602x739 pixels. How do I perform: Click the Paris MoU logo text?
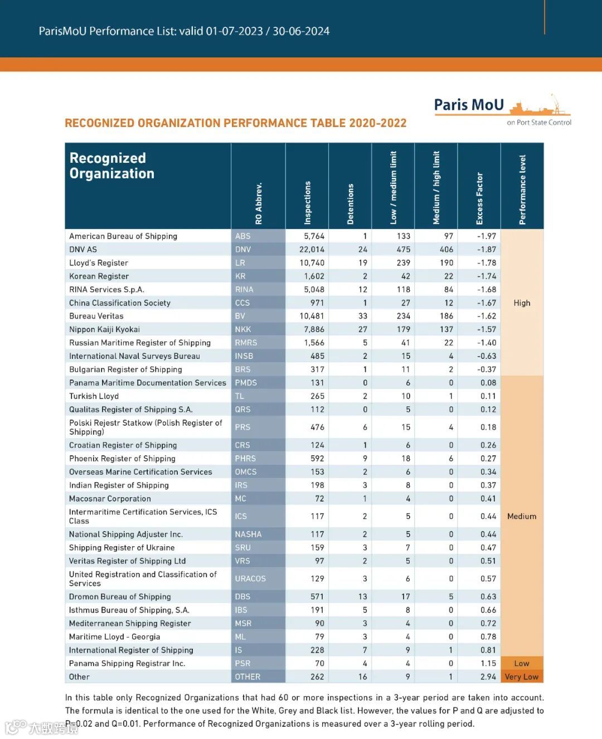pos(469,105)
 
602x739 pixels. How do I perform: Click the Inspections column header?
pos(307,203)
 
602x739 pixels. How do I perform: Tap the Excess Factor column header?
pos(479,198)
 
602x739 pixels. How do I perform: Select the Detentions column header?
pos(350,204)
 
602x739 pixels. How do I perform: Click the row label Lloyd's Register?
pos(99,263)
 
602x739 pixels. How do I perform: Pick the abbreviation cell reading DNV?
pos(243,250)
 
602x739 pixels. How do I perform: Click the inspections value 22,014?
pos(312,250)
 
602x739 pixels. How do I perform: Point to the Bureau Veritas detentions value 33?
pos(362,316)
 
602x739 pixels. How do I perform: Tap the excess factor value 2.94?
pos(488,677)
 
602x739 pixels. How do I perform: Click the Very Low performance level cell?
pos(522,677)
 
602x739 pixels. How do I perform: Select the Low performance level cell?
pos(522,663)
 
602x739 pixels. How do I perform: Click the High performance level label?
pos(522,303)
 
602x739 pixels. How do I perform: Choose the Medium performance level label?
pos(522,517)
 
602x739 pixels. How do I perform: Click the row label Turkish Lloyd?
pos(94,396)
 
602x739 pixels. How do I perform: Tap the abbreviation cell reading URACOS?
pos(250,579)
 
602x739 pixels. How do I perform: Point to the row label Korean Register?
pos(99,276)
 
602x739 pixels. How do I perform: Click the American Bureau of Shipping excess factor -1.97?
pos(486,236)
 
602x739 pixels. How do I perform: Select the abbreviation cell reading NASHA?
pos(248,534)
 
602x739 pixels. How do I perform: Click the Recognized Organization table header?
pos(111,166)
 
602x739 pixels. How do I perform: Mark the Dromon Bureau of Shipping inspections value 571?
pos(317,597)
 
